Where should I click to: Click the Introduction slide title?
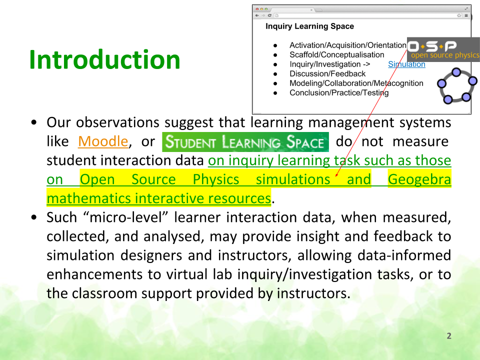[104, 59]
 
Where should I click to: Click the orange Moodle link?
[103, 141]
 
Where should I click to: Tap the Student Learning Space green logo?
[245, 142]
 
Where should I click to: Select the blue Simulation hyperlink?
[406, 64]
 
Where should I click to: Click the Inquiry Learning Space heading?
[309, 26]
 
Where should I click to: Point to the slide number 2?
[449, 336]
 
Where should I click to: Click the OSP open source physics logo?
[443, 49]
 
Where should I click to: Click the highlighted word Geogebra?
[419, 179]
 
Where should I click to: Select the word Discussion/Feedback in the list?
[327, 74]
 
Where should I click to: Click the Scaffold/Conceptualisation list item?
[336, 55]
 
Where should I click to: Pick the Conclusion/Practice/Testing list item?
[339, 93]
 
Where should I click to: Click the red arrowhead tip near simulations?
[336, 176]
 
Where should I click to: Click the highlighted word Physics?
[216, 179]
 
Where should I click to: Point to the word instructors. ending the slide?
[313, 293]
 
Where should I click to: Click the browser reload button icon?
[269, 15]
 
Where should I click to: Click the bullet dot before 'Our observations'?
[33, 122]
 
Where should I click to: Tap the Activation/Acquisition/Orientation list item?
[348, 45]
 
